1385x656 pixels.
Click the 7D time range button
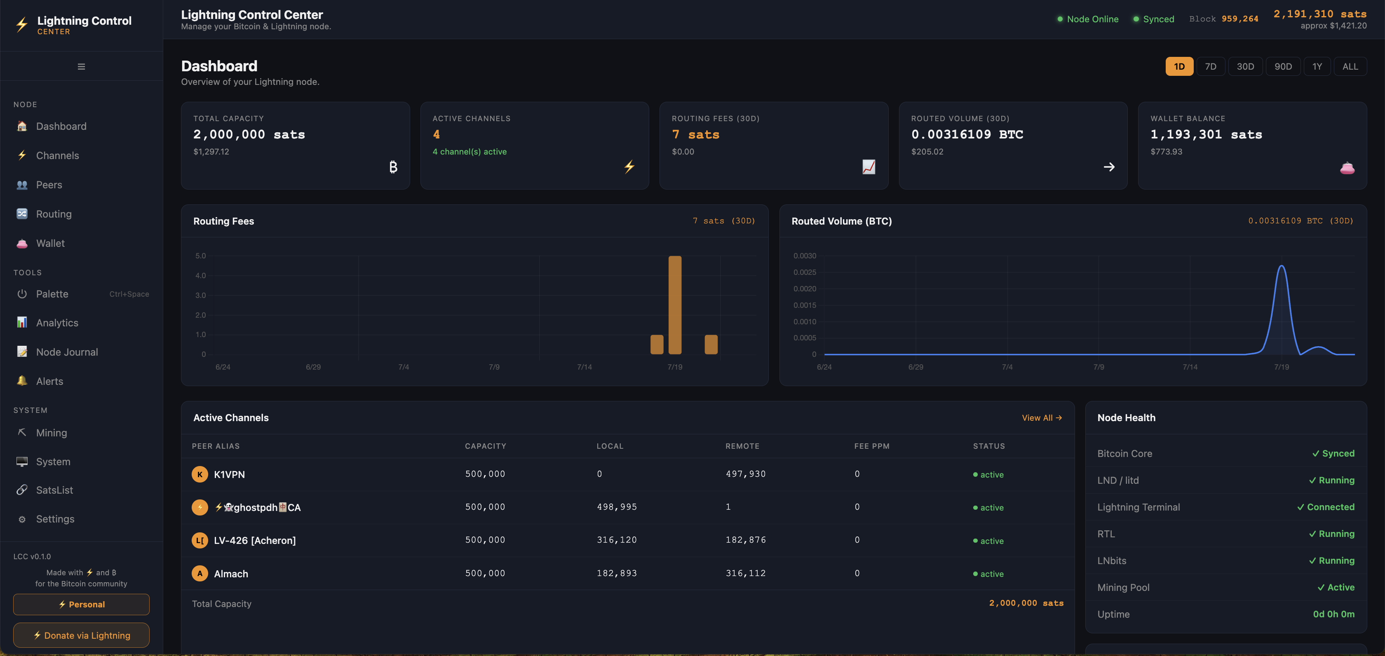(x=1210, y=67)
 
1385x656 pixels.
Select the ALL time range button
(x=1350, y=67)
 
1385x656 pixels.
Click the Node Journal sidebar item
(x=67, y=352)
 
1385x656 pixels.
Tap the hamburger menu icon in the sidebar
(x=81, y=67)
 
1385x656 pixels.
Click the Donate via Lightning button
(x=81, y=635)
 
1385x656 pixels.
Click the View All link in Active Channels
(x=1042, y=417)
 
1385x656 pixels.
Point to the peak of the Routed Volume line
(x=1282, y=265)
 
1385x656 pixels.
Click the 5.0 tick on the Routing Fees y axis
(x=201, y=256)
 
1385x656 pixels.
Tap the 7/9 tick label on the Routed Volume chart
(x=1099, y=367)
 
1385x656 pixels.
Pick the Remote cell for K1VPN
(x=745, y=474)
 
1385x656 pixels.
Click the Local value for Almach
(x=617, y=573)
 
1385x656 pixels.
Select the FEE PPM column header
(x=871, y=446)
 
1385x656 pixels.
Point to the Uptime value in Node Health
(x=1333, y=614)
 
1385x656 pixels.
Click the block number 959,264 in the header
(x=1240, y=19)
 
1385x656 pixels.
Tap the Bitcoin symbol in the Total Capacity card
(x=393, y=167)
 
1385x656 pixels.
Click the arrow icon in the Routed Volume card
(x=1109, y=167)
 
